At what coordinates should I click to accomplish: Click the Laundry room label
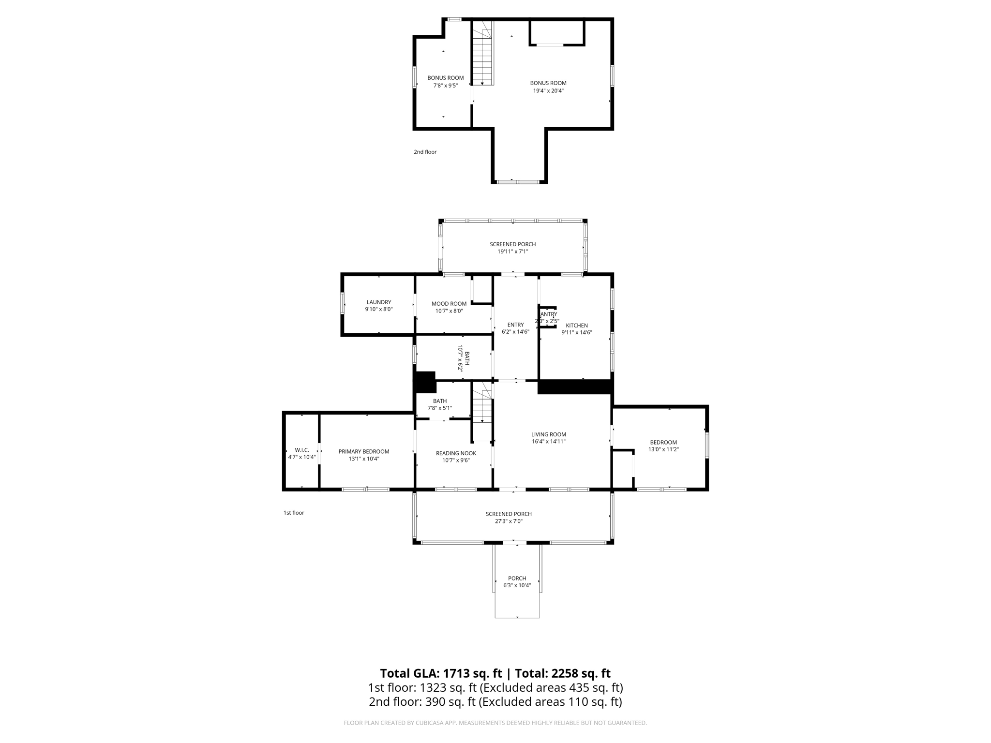[x=378, y=302]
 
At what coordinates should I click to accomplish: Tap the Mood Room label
[x=449, y=304]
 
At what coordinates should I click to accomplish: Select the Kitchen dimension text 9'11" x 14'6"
[x=576, y=332]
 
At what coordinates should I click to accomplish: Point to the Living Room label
[x=548, y=434]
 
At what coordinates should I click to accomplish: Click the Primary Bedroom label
[x=363, y=451]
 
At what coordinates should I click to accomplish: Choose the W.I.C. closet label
[x=301, y=450]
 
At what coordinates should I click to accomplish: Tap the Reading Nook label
[x=455, y=453]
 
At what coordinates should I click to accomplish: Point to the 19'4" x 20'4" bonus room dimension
[x=548, y=90]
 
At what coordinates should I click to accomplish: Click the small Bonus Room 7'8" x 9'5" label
[x=445, y=78]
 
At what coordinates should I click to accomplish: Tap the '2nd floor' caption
[x=425, y=152]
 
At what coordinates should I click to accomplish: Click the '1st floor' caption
[x=293, y=513]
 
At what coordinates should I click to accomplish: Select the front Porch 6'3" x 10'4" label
[x=517, y=579]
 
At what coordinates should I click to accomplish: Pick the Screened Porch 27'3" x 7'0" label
[x=508, y=514]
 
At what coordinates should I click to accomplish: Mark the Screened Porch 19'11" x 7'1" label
[x=512, y=244]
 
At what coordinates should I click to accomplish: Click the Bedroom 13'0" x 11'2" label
[x=663, y=442]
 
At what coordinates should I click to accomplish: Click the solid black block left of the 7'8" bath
[x=425, y=382]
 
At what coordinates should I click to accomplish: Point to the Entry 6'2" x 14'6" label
[x=515, y=325]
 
